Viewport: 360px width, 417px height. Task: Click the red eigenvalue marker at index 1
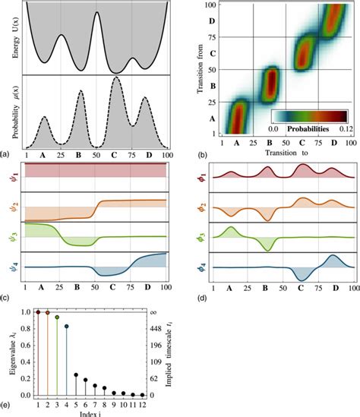pos(36,312)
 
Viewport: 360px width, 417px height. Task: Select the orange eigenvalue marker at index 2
pos(47,312)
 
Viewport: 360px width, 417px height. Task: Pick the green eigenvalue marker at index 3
pos(57,317)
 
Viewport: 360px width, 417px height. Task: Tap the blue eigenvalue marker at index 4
pos(67,327)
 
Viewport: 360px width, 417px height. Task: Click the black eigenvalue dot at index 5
pos(76,374)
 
